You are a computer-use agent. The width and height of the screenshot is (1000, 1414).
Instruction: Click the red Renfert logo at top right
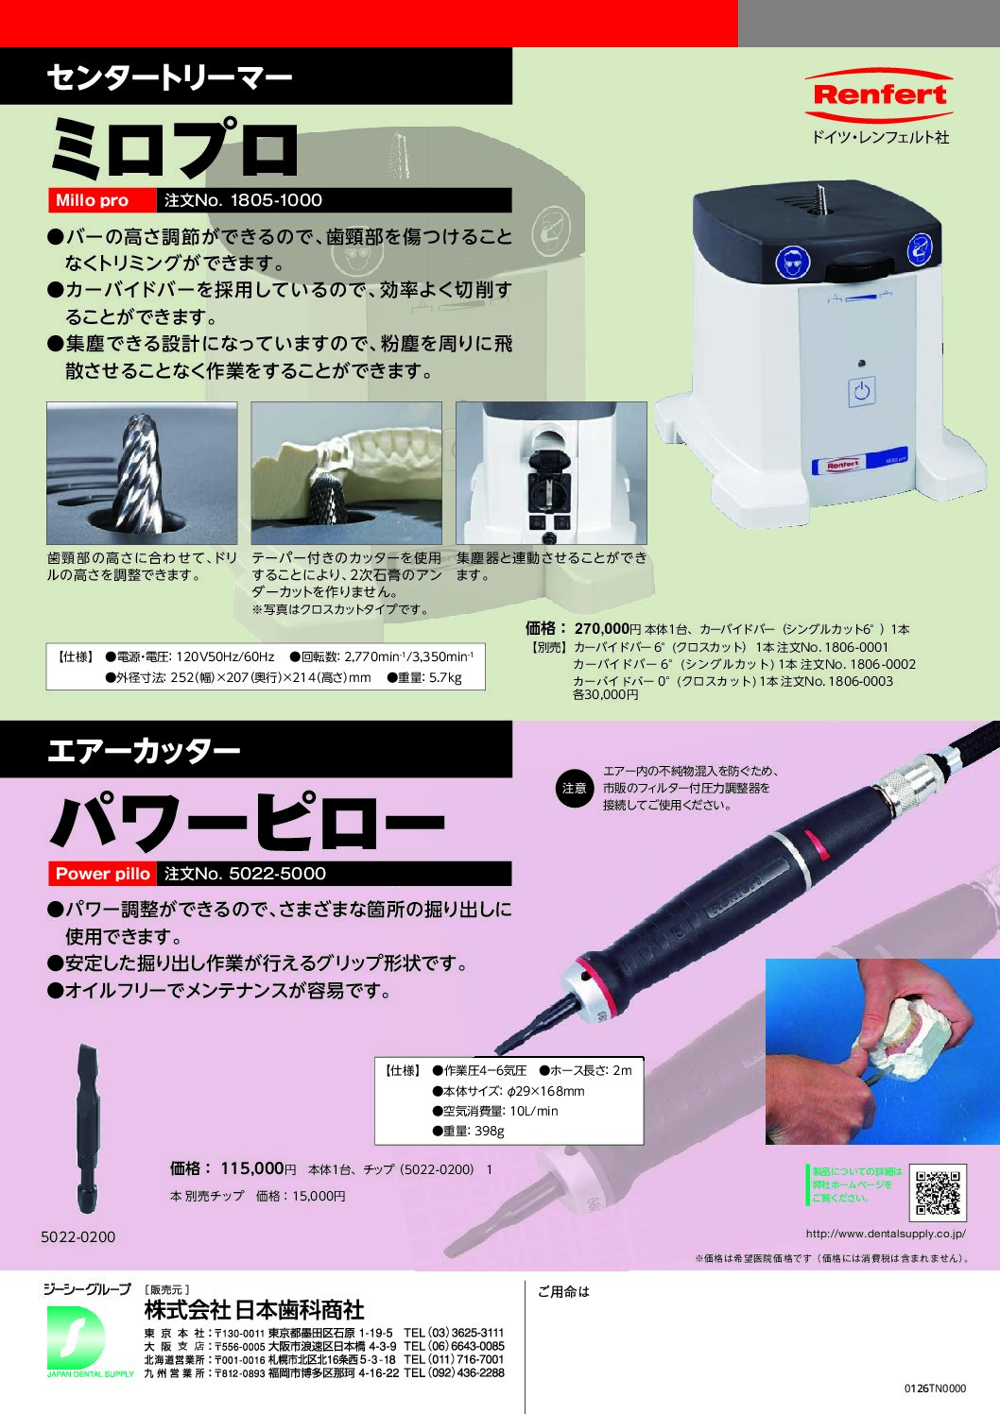coord(879,95)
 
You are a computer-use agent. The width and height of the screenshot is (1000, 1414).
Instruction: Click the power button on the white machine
coord(862,391)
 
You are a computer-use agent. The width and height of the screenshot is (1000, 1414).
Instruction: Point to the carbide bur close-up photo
coord(142,473)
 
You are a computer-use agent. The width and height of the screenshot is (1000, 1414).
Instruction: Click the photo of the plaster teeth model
coord(346,473)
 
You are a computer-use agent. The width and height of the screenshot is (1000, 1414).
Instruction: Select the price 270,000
coord(602,628)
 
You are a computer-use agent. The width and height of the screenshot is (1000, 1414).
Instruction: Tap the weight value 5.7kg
coord(445,677)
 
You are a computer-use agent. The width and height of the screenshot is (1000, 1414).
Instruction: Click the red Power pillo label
coord(102,874)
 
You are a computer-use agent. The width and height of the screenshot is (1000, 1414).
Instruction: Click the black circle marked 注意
coord(575,789)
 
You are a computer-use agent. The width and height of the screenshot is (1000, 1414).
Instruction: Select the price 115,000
coord(252,1168)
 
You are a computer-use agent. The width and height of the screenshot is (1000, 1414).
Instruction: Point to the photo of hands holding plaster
coord(883,1051)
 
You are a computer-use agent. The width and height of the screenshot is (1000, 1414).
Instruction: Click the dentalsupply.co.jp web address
coord(886,1234)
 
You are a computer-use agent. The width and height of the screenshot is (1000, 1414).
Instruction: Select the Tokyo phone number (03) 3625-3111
coord(454,1333)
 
